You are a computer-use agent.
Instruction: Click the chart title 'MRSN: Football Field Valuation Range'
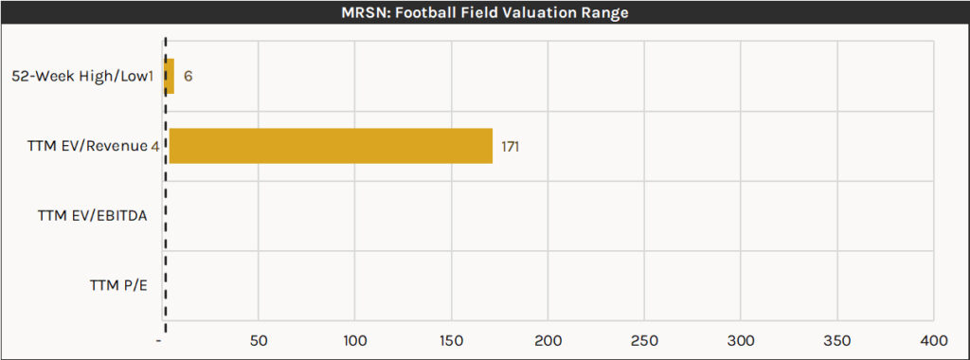pyautogui.click(x=485, y=13)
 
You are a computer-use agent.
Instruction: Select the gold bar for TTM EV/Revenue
pyautogui.click(x=331, y=146)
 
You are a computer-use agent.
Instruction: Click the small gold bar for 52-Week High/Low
pyautogui.click(x=171, y=76)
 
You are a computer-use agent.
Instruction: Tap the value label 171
pyautogui.click(x=511, y=147)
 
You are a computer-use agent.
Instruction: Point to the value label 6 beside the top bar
pyautogui.click(x=189, y=76)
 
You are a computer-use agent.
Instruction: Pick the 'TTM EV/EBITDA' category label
pyautogui.click(x=92, y=216)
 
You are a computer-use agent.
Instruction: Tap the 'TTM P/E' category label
pyautogui.click(x=118, y=285)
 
